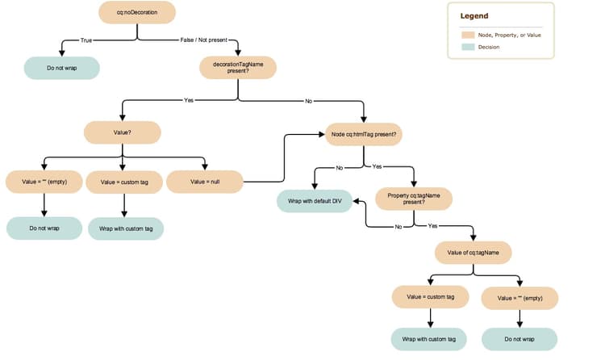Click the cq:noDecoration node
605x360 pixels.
137,13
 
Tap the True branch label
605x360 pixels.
86,40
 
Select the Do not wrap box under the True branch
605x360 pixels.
61,69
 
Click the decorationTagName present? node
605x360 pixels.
238,68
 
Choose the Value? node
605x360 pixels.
123,132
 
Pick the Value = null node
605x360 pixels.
205,182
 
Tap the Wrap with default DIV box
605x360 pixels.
315,200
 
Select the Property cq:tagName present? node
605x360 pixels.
414,199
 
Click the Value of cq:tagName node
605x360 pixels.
473,252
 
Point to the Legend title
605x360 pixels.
474,16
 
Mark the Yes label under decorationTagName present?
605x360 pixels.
190,100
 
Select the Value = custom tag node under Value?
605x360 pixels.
123,182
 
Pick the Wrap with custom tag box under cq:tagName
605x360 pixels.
428,338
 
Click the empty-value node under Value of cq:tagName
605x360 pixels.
519,297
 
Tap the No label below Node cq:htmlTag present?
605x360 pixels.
339,167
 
